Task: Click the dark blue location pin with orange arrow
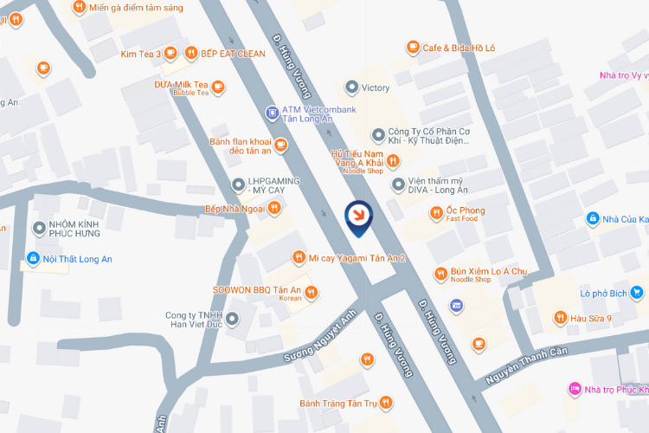coord(358,217)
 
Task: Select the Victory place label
coord(376,87)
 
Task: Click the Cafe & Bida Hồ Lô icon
coord(413,48)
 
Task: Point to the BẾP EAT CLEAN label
coord(233,54)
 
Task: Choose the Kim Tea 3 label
coord(141,54)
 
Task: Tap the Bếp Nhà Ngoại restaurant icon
coord(274,208)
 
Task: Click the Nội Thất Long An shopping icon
coord(33,258)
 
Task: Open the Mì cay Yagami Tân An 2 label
coord(357,258)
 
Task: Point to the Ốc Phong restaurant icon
coord(438,211)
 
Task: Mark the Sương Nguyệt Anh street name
coord(320,341)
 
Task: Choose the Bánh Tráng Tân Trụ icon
coord(385,403)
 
